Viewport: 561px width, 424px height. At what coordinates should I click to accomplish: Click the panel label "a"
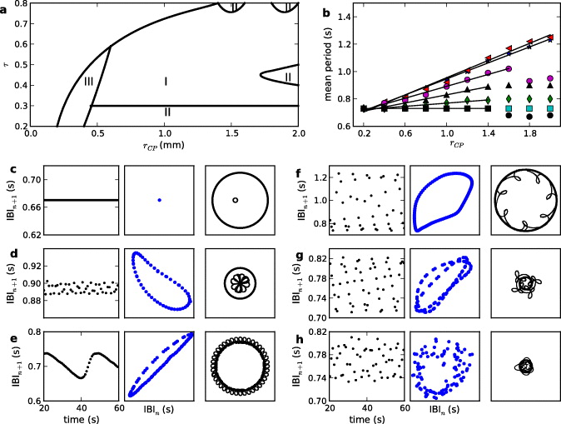click(x=5, y=7)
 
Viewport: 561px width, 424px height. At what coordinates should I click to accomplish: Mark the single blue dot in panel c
click(x=158, y=200)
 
